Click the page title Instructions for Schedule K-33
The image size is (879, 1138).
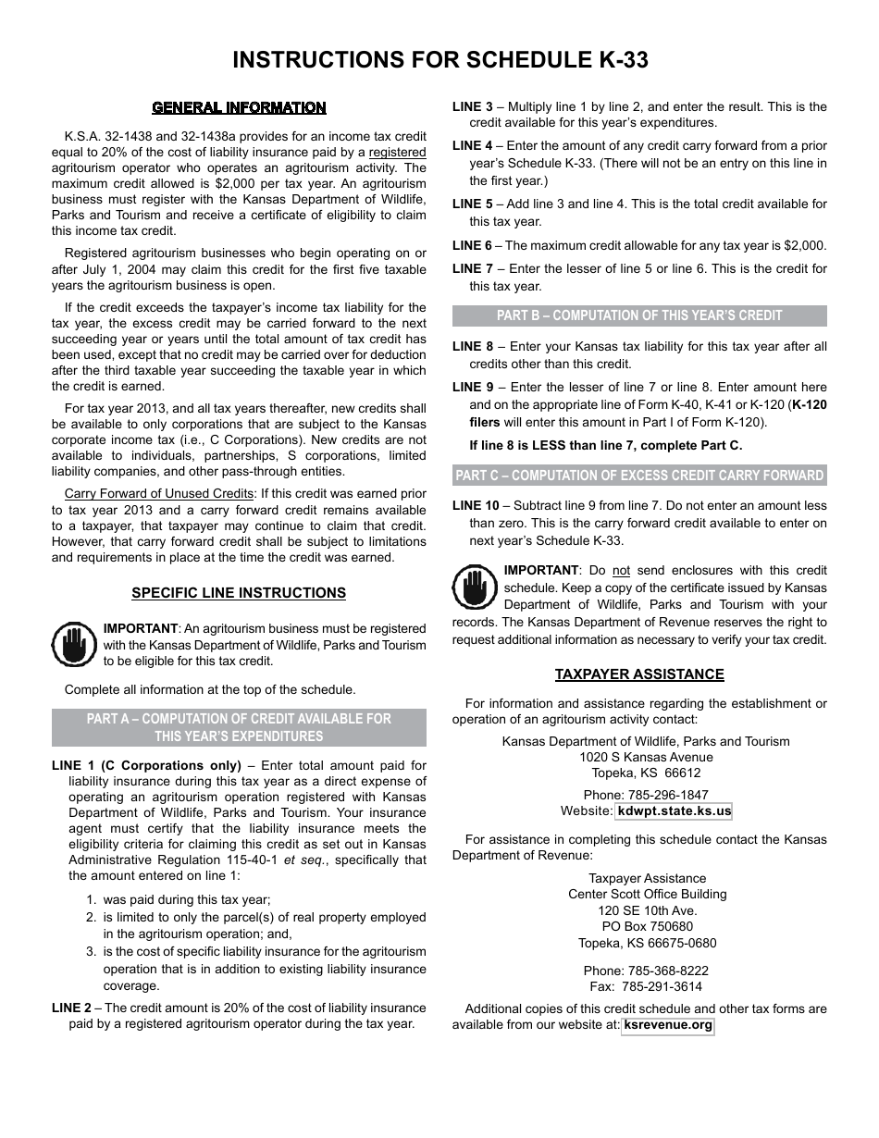click(x=439, y=60)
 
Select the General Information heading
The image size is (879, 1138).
click(x=239, y=108)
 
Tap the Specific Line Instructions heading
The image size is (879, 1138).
click(x=239, y=593)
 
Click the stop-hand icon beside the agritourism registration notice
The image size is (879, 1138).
click(x=74, y=645)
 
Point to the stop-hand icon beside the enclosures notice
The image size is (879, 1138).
click(x=475, y=587)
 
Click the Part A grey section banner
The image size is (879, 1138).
click(x=239, y=727)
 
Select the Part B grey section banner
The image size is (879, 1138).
click(x=639, y=315)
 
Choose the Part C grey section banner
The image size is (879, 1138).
click(x=639, y=476)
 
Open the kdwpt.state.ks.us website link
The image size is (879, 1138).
click(x=674, y=811)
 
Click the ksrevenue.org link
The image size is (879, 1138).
click(x=668, y=1025)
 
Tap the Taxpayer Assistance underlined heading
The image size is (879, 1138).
click(x=639, y=674)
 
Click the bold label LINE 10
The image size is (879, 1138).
click(x=475, y=506)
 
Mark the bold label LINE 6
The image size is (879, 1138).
click(x=472, y=246)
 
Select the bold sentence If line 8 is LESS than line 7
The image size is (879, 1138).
click(x=606, y=445)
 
